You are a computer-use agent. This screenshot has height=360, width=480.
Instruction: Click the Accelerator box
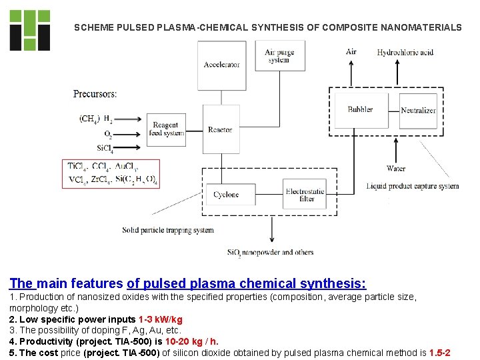point(222,65)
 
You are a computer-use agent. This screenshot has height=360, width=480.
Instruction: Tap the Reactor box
point(219,129)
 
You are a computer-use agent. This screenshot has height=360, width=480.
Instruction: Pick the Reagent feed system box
point(165,129)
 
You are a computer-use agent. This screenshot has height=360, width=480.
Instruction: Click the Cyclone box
point(225,195)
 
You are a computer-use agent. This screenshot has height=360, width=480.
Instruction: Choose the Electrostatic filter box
point(305,195)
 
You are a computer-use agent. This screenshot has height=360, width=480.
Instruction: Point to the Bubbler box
point(360,109)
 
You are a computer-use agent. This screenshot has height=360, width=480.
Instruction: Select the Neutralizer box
point(418,111)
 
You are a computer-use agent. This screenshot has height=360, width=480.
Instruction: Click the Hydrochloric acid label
point(405,53)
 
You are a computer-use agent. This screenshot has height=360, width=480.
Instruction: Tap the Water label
point(395,169)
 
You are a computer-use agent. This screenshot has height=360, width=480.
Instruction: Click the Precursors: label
point(95,94)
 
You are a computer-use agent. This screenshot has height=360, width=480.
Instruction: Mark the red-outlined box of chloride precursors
point(111,173)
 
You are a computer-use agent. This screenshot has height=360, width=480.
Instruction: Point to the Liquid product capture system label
point(412,186)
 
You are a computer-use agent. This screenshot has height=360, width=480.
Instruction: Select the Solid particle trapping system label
point(167,230)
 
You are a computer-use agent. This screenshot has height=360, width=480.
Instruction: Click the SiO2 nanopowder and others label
point(270,252)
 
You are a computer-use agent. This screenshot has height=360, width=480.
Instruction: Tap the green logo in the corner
point(29,30)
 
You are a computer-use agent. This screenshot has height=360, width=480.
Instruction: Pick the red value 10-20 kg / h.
point(196,341)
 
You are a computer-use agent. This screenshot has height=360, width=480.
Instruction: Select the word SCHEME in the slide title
point(93,27)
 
